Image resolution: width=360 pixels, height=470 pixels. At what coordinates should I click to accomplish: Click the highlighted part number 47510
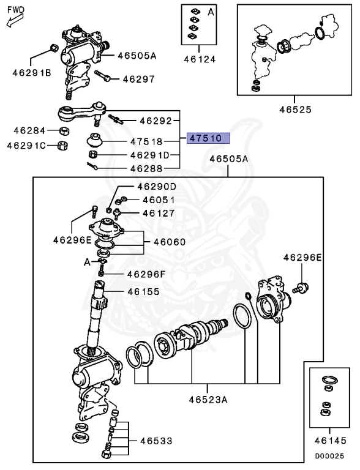pyautogui.click(x=208, y=138)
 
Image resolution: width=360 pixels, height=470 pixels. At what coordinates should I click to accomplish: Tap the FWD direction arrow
pyautogui.click(x=15, y=20)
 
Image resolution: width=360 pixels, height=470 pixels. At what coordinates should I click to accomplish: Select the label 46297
pyautogui.click(x=139, y=79)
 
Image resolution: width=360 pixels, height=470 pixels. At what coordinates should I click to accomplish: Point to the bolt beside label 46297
pyautogui.click(x=103, y=76)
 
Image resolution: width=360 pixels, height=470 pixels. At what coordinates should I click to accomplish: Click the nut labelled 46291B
pyautogui.click(x=53, y=48)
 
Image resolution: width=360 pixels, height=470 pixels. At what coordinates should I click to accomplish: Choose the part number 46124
pyautogui.click(x=200, y=59)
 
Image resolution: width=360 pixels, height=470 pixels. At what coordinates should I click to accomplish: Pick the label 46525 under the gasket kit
pyautogui.click(x=296, y=110)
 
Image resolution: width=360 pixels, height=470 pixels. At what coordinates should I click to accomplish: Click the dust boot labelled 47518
pyautogui.click(x=95, y=140)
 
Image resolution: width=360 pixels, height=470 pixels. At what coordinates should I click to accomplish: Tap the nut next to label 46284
pyautogui.click(x=64, y=131)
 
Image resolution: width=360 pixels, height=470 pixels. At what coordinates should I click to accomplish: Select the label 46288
pyautogui.click(x=146, y=168)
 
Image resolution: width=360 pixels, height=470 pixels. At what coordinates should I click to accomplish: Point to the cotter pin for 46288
pyautogui.click(x=92, y=166)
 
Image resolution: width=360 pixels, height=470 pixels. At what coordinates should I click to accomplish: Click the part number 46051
pyautogui.click(x=159, y=200)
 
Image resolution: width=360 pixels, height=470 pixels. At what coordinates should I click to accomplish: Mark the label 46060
pyautogui.click(x=170, y=242)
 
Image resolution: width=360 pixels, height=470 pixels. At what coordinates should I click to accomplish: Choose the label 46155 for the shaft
pyautogui.click(x=143, y=292)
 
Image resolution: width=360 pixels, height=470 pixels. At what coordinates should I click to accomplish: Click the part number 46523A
pyautogui.click(x=208, y=400)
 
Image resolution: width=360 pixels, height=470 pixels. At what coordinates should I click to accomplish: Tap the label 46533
pyautogui.click(x=156, y=441)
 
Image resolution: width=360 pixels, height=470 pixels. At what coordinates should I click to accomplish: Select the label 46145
pyautogui.click(x=330, y=441)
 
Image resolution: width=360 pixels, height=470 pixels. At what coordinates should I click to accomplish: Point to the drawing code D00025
pyautogui.click(x=329, y=456)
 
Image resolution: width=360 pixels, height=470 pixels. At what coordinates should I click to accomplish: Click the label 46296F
pyautogui.click(x=146, y=274)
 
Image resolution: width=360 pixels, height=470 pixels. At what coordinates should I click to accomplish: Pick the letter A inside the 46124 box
pyautogui.click(x=211, y=12)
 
